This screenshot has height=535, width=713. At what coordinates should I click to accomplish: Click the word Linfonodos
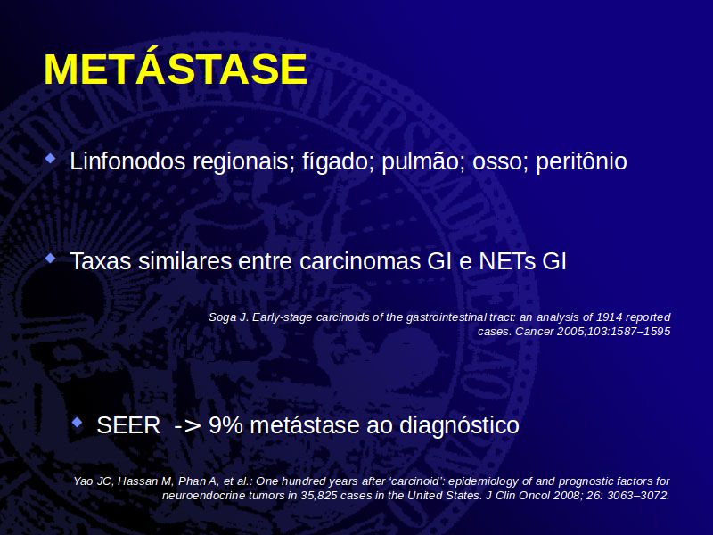coord(127,161)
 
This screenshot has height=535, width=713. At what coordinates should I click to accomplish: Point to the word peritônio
coord(582,162)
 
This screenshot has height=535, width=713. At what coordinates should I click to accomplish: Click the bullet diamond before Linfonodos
coord(51,159)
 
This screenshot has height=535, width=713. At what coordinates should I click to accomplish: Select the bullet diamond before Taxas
coord(51,259)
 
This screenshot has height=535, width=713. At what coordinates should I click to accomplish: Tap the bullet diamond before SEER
coord(78,423)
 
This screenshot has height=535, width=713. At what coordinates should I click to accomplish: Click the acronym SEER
coord(128,425)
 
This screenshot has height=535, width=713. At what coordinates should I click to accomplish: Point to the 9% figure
coord(226,425)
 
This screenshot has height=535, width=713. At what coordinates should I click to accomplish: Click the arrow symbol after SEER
coord(187,426)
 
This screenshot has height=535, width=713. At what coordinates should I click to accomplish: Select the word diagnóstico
coord(459,426)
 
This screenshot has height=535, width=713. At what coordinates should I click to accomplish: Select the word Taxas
coord(101,261)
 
